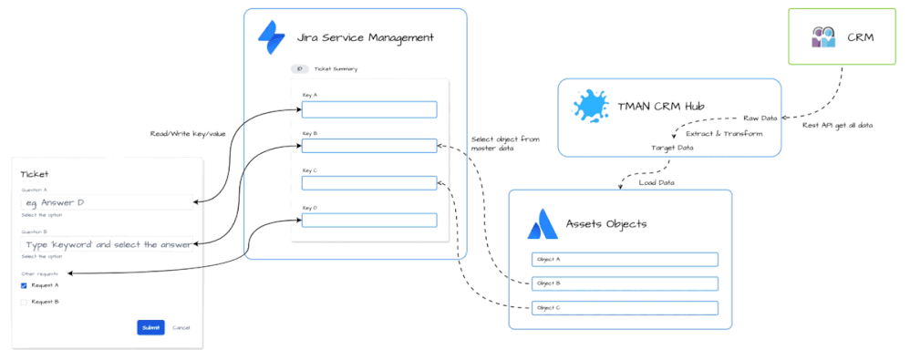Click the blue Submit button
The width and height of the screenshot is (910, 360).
click(150, 327)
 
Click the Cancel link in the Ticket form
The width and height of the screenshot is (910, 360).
click(181, 327)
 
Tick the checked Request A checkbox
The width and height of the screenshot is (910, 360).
click(24, 285)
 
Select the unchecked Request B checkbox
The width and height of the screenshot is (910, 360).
click(24, 301)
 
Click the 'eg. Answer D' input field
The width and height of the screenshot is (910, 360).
click(106, 202)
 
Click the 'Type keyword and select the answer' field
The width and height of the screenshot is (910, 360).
click(106, 244)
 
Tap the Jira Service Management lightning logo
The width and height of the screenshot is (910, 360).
click(272, 37)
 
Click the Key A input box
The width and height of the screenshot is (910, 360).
click(369, 109)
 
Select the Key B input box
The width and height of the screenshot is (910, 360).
click(369, 146)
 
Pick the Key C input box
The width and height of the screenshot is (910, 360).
click(369, 183)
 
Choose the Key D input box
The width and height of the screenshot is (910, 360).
click(369, 220)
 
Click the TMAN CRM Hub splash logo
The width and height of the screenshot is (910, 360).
click(591, 107)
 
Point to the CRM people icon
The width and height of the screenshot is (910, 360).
click(823, 37)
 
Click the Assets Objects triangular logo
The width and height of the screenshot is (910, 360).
click(543, 222)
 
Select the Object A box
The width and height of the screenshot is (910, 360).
click(625, 260)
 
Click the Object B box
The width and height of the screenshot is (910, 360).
click(625, 283)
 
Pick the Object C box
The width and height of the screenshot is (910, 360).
click(625, 308)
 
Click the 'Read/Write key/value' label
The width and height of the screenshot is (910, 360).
click(188, 134)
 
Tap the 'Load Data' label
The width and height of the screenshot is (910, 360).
click(657, 181)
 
